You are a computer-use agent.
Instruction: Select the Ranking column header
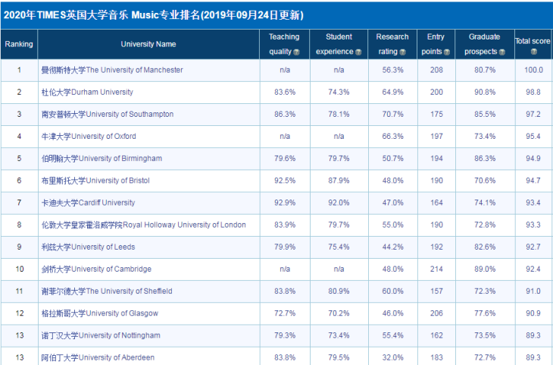coord(19,44)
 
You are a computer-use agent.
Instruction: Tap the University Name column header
coord(148,44)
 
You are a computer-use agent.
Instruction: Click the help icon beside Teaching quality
coord(296,52)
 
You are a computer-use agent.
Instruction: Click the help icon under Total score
coord(534,52)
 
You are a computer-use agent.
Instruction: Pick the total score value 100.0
coord(534,70)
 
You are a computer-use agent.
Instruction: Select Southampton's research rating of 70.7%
coord(392,114)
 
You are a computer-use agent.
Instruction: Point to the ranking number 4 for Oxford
coord(19,136)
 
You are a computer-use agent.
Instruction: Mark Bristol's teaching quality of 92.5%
coord(285,181)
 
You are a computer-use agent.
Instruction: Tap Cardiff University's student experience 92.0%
coord(339,203)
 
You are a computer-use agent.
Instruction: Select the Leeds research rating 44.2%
coord(392,247)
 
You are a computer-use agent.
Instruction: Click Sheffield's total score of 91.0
coord(534,291)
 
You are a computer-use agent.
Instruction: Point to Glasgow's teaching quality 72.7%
coord(285,313)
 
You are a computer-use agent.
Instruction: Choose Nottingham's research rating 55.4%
coord(392,335)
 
